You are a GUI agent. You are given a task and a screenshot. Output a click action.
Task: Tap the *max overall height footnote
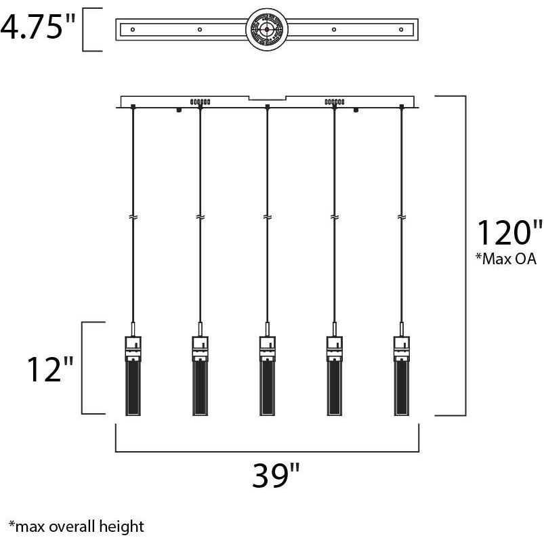[x=76, y=526]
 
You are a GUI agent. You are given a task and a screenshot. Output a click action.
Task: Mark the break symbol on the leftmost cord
[x=133, y=217]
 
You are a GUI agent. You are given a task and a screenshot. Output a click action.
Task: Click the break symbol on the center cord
[x=268, y=217]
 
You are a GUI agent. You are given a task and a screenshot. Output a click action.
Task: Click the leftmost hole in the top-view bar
[x=133, y=29]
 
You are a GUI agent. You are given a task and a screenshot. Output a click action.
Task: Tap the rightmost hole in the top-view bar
[x=402, y=29]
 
